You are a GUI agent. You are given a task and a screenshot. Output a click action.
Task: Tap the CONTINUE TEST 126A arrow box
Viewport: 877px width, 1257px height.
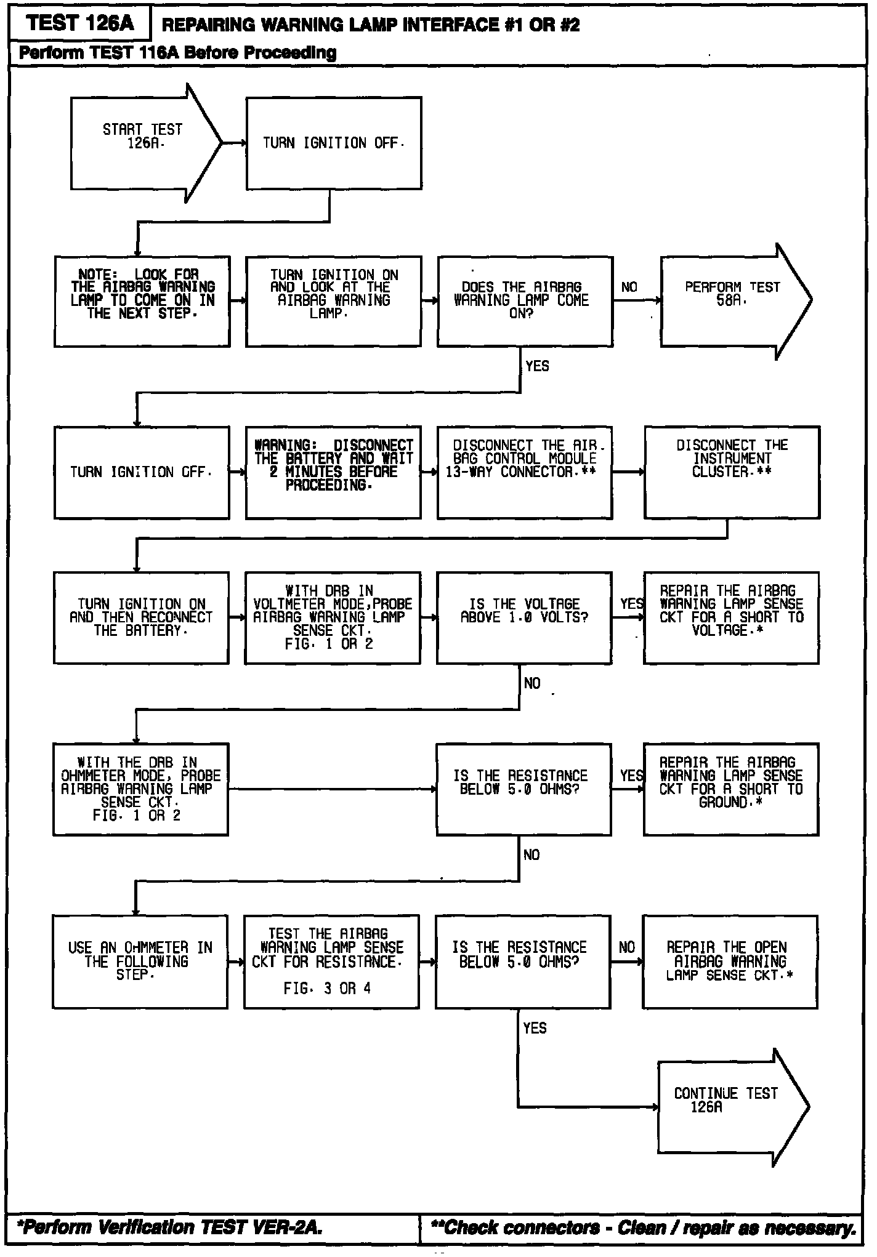(x=727, y=1106)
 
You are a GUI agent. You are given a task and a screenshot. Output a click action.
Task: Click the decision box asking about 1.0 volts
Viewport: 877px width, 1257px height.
(x=523, y=617)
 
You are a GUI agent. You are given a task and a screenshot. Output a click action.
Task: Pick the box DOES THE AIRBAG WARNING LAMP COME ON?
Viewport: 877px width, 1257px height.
(x=525, y=301)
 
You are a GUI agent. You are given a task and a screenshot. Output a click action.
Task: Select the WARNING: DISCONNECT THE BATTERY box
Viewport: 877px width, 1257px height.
(x=333, y=472)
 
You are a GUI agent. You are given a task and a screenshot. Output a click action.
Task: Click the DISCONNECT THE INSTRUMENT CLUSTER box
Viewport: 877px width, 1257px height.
(x=732, y=472)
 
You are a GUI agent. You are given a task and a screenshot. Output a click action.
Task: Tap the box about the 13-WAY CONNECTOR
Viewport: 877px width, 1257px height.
(x=525, y=472)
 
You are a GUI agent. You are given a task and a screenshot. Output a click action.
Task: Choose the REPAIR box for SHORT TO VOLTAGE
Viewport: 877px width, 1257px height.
(x=731, y=617)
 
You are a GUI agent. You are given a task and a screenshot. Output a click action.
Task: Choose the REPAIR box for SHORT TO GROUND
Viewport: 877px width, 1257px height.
(x=731, y=789)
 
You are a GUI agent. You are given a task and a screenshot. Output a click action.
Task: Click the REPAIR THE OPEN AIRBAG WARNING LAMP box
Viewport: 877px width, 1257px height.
(x=730, y=961)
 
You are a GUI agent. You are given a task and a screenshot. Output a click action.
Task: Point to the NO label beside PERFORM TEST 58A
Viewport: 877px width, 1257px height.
(x=629, y=287)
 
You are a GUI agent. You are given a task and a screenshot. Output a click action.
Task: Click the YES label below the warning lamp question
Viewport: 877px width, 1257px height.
(x=537, y=366)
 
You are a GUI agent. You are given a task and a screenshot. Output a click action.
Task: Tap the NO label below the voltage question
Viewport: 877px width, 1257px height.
(x=532, y=683)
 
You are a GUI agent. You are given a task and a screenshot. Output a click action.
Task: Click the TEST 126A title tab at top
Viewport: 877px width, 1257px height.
(x=80, y=23)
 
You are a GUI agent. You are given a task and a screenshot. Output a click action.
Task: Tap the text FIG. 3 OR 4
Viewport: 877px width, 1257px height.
(x=327, y=988)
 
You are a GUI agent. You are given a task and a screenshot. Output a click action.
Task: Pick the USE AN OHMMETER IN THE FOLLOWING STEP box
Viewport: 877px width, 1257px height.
(x=140, y=961)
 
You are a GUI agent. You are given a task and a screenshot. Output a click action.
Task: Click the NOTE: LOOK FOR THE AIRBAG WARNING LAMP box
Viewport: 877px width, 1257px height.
(x=142, y=301)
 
